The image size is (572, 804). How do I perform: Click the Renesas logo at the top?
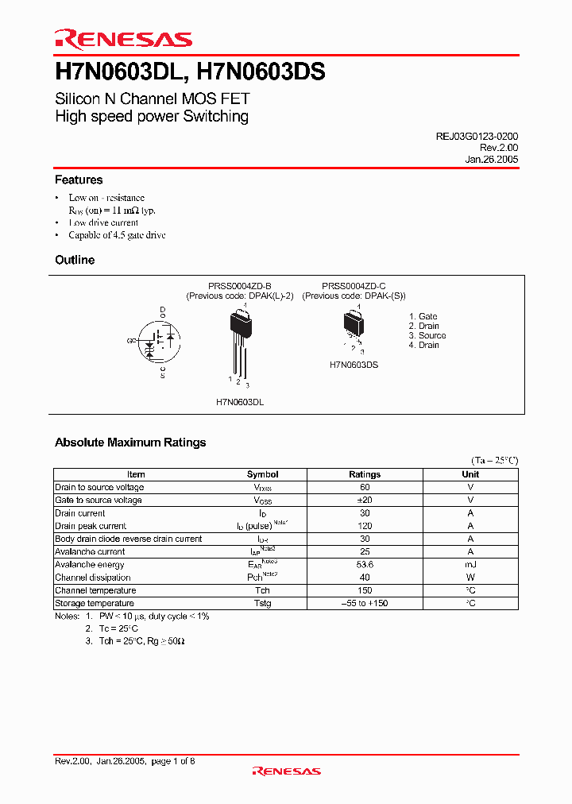[x=123, y=39]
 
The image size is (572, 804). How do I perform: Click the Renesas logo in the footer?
[x=286, y=771]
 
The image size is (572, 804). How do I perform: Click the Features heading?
[x=79, y=180]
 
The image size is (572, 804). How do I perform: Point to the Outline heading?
[x=75, y=261]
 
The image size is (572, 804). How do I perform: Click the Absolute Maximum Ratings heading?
[x=130, y=443]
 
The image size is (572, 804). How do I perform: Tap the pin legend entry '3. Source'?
[x=427, y=335]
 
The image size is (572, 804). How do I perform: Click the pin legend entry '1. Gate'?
[x=423, y=316]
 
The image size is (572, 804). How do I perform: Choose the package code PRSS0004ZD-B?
[x=240, y=286]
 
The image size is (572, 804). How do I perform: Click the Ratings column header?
[x=365, y=474]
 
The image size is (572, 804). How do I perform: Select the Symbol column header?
[x=262, y=474]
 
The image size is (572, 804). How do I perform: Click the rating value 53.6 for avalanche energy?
[x=365, y=564]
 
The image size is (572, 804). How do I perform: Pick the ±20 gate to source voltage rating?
[x=365, y=500]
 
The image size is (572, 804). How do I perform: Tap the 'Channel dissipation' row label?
[x=92, y=578]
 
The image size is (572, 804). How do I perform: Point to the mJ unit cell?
[x=470, y=564]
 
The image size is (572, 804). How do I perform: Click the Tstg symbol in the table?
[x=262, y=603]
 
